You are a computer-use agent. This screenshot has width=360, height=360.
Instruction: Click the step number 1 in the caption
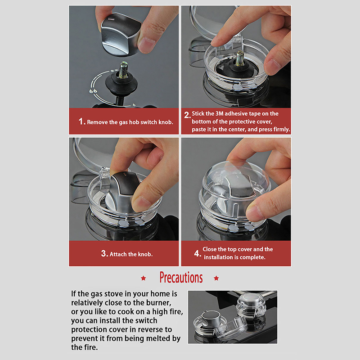click(x=81, y=121)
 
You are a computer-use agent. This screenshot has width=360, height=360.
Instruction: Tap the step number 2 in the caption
click(x=187, y=115)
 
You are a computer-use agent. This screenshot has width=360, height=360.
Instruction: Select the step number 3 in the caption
click(x=104, y=253)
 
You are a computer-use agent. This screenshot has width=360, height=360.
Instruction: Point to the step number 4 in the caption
click(x=197, y=253)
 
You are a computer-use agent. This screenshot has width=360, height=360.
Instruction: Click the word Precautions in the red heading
click(x=181, y=277)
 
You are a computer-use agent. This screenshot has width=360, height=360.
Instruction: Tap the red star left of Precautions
click(x=144, y=278)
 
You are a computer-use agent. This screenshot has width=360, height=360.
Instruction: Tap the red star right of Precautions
click(x=216, y=278)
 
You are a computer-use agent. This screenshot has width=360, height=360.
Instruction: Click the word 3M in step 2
click(x=219, y=114)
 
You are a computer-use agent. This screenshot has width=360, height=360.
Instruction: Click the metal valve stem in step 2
click(x=239, y=58)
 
